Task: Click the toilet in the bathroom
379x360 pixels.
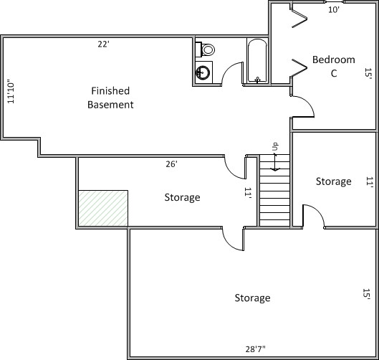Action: pyautogui.click(x=206, y=49)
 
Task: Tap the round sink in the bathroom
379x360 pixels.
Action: pyautogui.click(x=203, y=72)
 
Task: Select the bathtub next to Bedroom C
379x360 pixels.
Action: pyautogui.click(x=257, y=61)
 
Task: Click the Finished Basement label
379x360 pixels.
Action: pyautogui.click(x=110, y=98)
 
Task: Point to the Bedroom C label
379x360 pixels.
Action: pyautogui.click(x=334, y=66)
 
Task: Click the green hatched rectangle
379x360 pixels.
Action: pyautogui.click(x=103, y=208)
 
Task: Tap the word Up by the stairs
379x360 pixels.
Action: pyautogui.click(x=275, y=146)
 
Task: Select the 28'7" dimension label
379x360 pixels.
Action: pyautogui.click(x=255, y=349)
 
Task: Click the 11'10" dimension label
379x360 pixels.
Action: pyautogui.click(x=11, y=92)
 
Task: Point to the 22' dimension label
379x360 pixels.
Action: pyautogui.click(x=103, y=44)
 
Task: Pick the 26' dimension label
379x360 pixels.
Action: pyautogui.click(x=172, y=164)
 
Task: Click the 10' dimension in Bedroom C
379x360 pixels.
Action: pyautogui.click(x=334, y=9)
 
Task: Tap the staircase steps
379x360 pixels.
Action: pyautogui.click(x=275, y=191)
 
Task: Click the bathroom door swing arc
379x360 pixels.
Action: pyautogui.click(x=229, y=70)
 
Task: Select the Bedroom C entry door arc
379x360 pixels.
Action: pyautogui.click(x=307, y=103)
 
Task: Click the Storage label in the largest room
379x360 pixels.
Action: pyautogui.click(x=253, y=298)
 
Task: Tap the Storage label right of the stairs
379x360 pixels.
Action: pyautogui.click(x=334, y=181)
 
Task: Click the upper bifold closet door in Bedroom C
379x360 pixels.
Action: pyautogui.click(x=299, y=19)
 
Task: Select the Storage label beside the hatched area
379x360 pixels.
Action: pyautogui.click(x=182, y=197)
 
